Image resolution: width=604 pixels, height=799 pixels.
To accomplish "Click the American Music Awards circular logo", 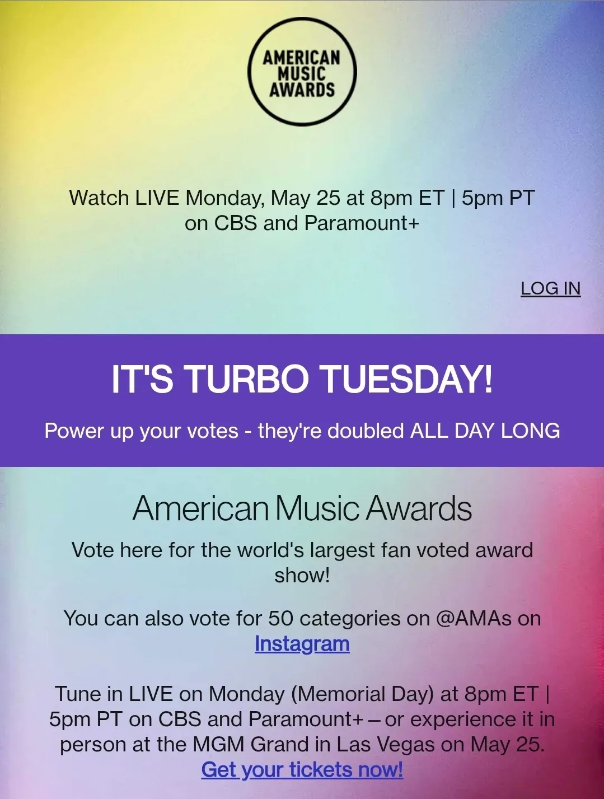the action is [302, 72].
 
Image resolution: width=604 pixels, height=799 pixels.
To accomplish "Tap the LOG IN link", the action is [550, 289].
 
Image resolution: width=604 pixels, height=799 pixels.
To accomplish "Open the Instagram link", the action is [302, 644].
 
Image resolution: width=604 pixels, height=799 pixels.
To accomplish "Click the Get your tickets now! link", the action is [302, 769].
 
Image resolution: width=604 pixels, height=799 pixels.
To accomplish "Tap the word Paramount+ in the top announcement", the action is [362, 223].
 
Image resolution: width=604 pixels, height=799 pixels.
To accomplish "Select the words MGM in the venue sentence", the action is [218, 744].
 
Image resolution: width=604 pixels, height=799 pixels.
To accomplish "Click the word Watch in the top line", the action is [99, 198].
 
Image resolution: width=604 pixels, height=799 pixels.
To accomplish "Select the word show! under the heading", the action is [302, 576].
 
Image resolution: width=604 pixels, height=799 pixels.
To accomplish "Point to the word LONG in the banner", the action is [531, 431].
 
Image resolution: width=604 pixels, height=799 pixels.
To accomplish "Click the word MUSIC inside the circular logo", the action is [302, 72].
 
